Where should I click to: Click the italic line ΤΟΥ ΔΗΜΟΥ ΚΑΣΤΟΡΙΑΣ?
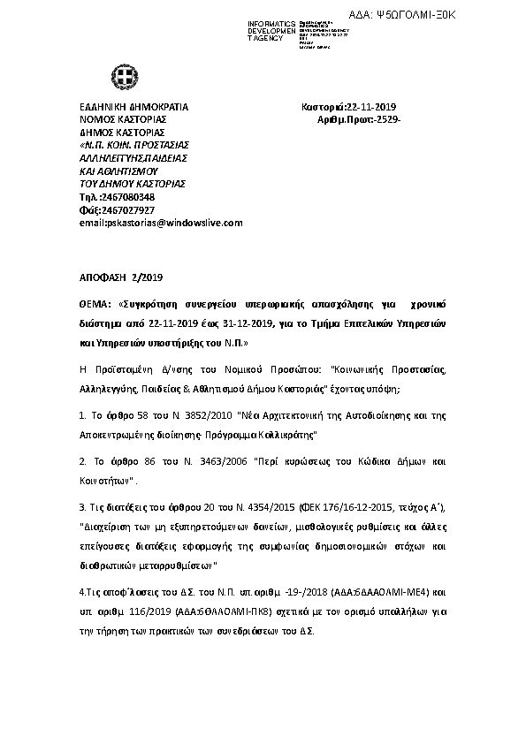132,183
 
